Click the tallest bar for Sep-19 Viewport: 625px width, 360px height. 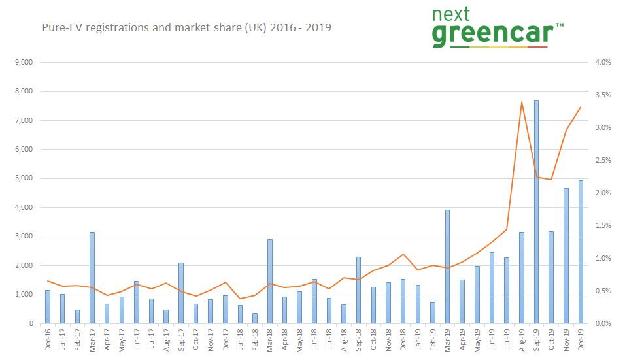[x=536, y=212]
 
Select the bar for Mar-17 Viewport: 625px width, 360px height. [x=92, y=278]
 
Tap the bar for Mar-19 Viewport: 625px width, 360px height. [x=447, y=267]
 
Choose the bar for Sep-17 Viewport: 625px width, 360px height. [x=181, y=293]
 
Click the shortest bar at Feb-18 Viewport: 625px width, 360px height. [x=255, y=318]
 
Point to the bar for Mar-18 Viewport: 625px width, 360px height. [x=270, y=282]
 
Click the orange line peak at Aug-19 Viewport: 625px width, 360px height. [x=521, y=102]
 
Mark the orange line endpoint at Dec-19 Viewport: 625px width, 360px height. [x=581, y=107]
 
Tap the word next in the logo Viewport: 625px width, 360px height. [x=458, y=14]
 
